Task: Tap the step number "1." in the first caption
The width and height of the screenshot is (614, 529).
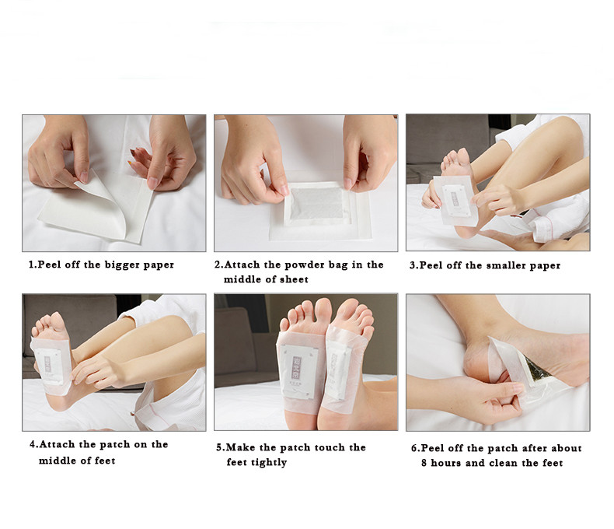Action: tap(33, 264)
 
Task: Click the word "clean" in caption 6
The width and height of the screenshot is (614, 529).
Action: tap(507, 463)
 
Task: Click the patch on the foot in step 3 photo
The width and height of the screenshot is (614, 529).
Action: tap(455, 199)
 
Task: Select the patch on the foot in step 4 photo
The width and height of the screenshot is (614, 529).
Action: tap(49, 362)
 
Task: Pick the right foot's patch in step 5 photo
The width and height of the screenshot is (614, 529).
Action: tap(338, 366)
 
